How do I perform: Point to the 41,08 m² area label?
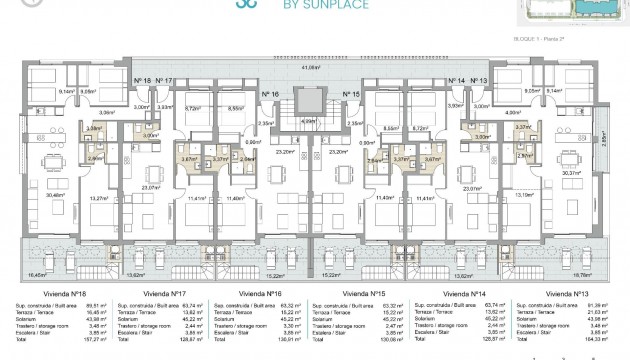tap(313, 68)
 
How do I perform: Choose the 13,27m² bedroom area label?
tap(99, 199)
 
